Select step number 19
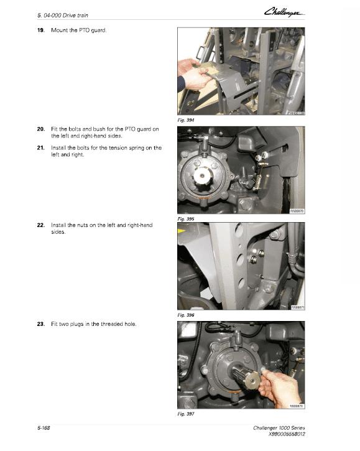41,30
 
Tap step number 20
41,129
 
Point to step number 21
41,148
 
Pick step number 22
41,224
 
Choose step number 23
41,324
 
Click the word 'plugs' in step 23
86,324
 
